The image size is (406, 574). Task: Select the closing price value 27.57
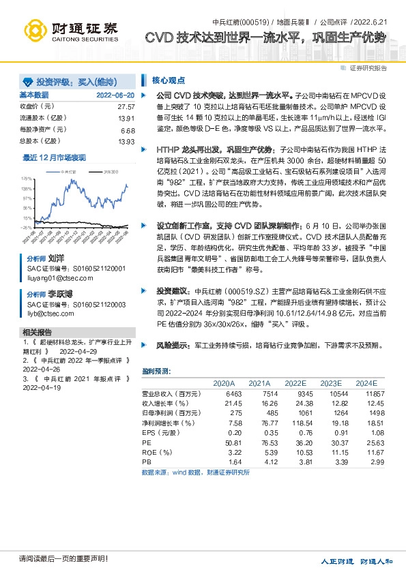pos(126,107)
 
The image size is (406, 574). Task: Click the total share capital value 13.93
pos(126,141)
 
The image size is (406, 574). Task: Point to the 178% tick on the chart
pos(27,178)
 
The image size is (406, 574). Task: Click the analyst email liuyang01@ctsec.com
pos(55,277)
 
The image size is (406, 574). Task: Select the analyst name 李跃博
pos(61,294)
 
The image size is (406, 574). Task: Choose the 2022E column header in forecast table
pos(295,382)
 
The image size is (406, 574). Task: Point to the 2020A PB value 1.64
pos(234,462)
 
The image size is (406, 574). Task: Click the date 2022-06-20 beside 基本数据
pos(115,95)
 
